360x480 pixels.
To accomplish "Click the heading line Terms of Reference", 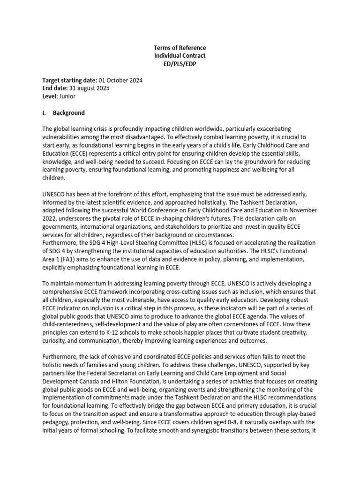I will (x=180, y=48).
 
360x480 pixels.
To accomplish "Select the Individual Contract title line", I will (x=180, y=56).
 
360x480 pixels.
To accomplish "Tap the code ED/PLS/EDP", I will (x=180, y=64).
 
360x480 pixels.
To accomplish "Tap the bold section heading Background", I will (x=69, y=113).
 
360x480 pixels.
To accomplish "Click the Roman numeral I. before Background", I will (x=45, y=113).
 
